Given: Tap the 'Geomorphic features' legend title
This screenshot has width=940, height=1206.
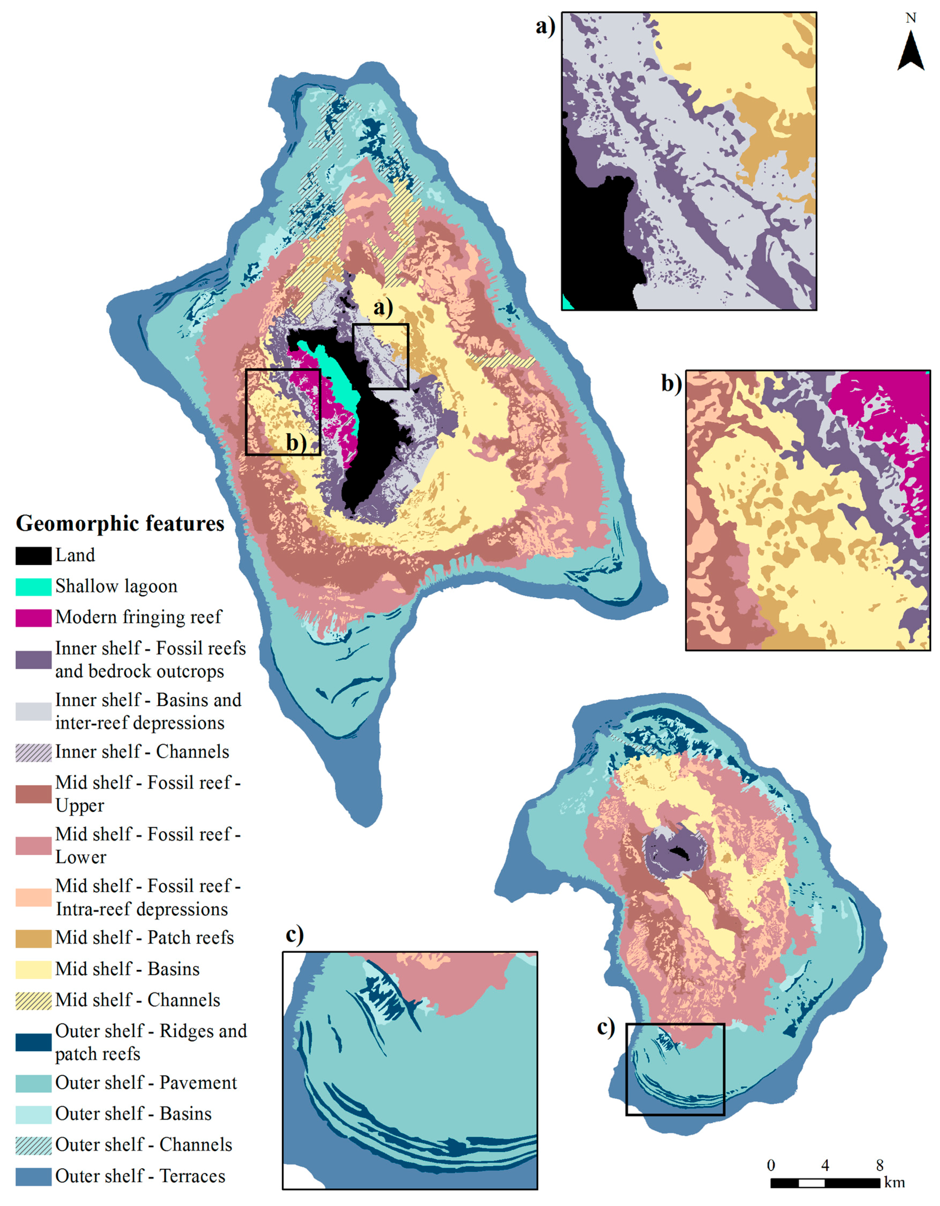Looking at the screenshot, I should click(120, 523).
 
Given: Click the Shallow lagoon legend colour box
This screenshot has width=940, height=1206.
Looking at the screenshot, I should click(33, 586).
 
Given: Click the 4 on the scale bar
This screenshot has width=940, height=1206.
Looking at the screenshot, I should click(825, 1166).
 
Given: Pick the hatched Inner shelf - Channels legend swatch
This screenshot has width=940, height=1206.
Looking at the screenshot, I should click(33, 752).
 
